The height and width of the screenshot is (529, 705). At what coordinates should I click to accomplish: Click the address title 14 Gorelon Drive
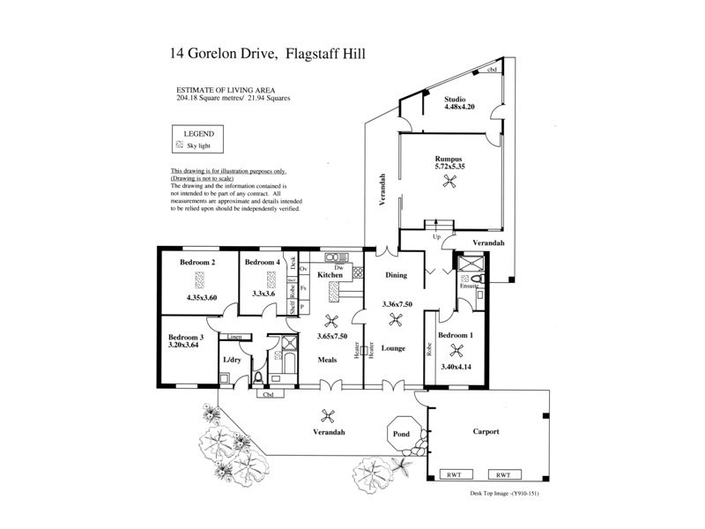pyautogui.click(x=224, y=55)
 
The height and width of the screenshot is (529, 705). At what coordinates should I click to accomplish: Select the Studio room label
pyautogui.click(x=460, y=100)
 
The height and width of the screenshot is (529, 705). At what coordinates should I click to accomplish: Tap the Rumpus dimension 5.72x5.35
pyautogui.click(x=449, y=165)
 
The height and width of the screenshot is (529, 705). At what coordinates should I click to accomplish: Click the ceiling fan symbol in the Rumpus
pyautogui.click(x=451, y=182)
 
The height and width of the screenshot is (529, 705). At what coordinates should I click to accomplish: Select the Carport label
pyautogui.click(x=486, y=431)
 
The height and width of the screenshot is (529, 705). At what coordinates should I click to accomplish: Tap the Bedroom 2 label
pyautogui.click(x=198, y=262)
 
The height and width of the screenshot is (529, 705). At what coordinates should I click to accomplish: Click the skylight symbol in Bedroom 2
pyautogui.click(x=200, y=280)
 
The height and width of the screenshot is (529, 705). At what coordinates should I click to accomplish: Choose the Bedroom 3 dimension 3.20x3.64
pyautogui.click(x=187, y=346)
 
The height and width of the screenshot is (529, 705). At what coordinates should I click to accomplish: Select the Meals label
pyautogui.click(x=330, y=359)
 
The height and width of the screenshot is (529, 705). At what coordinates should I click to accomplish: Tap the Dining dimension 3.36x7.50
pyautogui.click(x=397, y=304)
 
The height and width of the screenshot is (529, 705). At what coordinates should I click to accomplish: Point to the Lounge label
pyautogui.click(x=393, y=348)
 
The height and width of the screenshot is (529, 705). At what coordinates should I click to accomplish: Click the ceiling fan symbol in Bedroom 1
pyautogui.click(x=456, y=349)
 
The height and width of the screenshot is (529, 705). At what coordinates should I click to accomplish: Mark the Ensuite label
pyautogui.click(x=468, y=287)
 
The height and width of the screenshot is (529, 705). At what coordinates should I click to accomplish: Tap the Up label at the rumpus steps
pyautogui.click(x=435, y=237)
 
